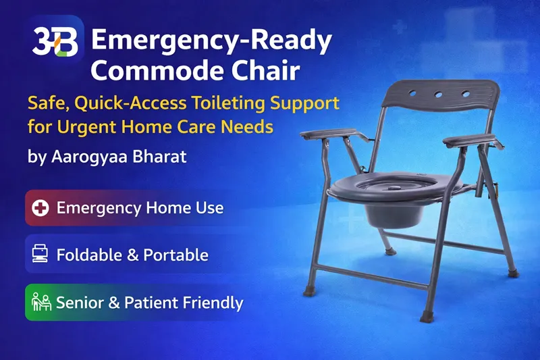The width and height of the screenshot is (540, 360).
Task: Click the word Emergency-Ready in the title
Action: click(x=211, y=42)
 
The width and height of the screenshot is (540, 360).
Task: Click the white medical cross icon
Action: click(x=41, y=207)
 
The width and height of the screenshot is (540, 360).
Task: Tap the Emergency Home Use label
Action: click(x=140, y=207)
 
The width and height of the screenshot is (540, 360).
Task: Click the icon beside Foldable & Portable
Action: click(x=41, y=255)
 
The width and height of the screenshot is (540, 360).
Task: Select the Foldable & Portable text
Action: click(x=132, y=255)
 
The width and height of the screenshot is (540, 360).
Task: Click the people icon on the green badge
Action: click(x=41, y=301)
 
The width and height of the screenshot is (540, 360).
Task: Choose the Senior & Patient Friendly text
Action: click(x=149, y=302)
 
